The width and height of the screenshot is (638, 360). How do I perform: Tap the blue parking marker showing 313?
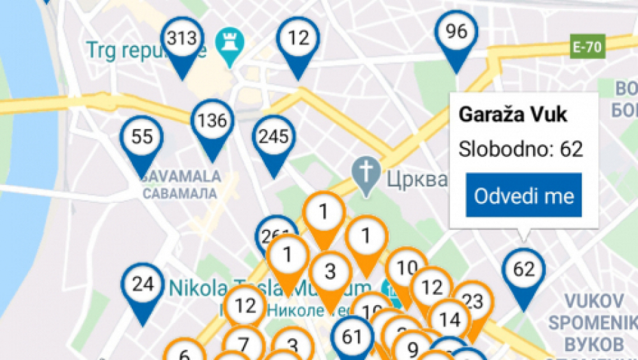click(182, 39)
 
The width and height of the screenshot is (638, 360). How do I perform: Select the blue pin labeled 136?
click(212, 121)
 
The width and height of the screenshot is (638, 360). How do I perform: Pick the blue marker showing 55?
click(141, 137)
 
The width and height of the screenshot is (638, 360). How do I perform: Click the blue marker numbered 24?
click(143, 285)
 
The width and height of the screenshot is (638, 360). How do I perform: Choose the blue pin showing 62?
click(523, 269)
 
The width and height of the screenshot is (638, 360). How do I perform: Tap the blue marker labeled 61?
click(352, 336)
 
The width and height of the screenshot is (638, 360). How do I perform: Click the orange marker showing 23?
click(473, 301)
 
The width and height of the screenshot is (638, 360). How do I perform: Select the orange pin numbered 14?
click(450, 320)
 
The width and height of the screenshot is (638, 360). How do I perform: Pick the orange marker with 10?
click(407, 268)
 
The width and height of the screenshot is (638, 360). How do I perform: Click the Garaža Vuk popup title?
click(513, 114)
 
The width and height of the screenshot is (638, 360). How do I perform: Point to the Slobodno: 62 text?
click(521, 149)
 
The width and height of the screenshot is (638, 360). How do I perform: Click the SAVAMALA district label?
click(182, 176)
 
